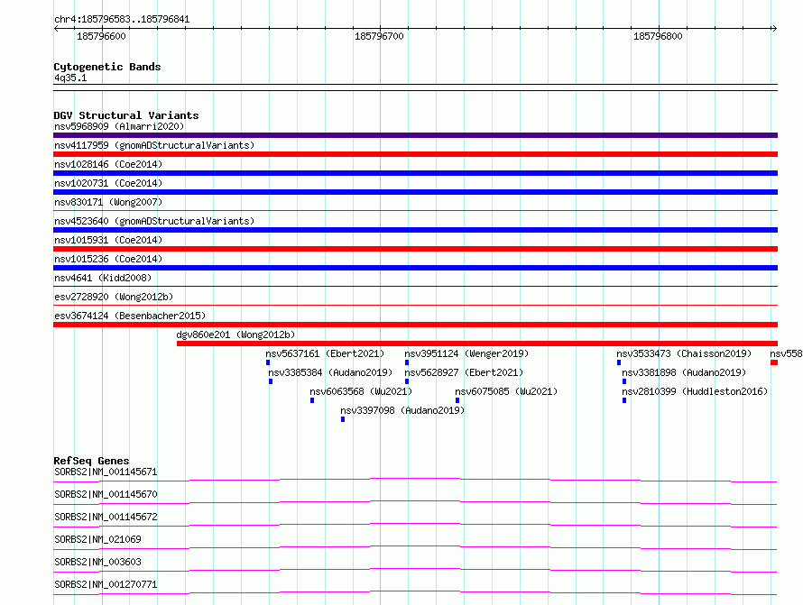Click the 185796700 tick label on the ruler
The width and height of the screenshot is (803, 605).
pos(379,36)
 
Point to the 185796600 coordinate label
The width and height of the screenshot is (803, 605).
pos(101,36)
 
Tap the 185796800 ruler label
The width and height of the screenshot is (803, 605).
pos(658,36)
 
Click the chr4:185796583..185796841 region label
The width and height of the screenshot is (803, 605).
pos(122,20)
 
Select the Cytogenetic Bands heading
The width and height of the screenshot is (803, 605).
pos(107,67)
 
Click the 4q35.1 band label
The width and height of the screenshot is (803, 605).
pos(70,78)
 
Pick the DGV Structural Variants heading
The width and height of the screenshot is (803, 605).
pos(126,115)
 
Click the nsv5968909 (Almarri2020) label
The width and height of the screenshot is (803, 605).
pos(119,126)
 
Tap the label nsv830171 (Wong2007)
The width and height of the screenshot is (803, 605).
pos(108,202)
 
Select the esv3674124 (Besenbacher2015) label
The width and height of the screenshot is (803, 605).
pos(130,316)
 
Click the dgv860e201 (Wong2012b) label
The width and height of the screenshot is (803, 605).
pos(235,335)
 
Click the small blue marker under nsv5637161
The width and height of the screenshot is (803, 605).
pos(268,362)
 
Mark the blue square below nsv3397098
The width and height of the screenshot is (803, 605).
pos(343,419)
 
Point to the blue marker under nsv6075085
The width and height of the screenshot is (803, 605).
pos(457,400)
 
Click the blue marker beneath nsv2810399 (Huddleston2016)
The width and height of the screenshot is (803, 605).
pos(624,400)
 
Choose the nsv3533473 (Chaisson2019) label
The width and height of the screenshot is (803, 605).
pos(684,353)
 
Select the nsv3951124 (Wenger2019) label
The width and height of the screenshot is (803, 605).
pos(466,353)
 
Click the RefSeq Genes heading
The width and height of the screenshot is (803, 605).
pos(91,461)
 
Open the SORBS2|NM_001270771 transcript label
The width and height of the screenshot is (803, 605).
pos(106,584)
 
